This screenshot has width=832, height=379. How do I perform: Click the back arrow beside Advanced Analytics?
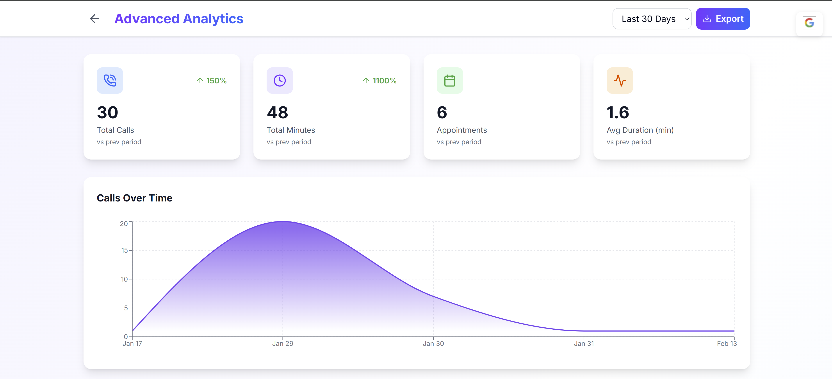[x=94, y=19]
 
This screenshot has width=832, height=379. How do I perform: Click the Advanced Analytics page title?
[x=179, y=19]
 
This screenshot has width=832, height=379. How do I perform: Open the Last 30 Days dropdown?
[x=652, y=19]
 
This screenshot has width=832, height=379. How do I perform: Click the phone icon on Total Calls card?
[x=110, y=81]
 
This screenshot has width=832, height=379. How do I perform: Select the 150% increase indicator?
[x=212, y=81]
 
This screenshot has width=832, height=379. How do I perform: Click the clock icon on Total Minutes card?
[x=280, y=81]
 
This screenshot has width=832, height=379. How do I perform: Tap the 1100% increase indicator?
[x=380, y=81]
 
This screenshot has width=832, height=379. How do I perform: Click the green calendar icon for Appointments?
[x=450, y=81]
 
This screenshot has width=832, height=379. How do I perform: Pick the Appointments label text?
[x=461, y=130]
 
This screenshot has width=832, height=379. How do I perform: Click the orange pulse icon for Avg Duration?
[x=620, y=81]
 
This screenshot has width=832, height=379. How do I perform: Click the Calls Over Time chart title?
[x=135, y=198]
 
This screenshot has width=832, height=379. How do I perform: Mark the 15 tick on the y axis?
[x=125, y=250]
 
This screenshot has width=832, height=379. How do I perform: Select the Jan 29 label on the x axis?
[x=283, y=343]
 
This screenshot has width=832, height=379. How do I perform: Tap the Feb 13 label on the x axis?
[x=727, y=343]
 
